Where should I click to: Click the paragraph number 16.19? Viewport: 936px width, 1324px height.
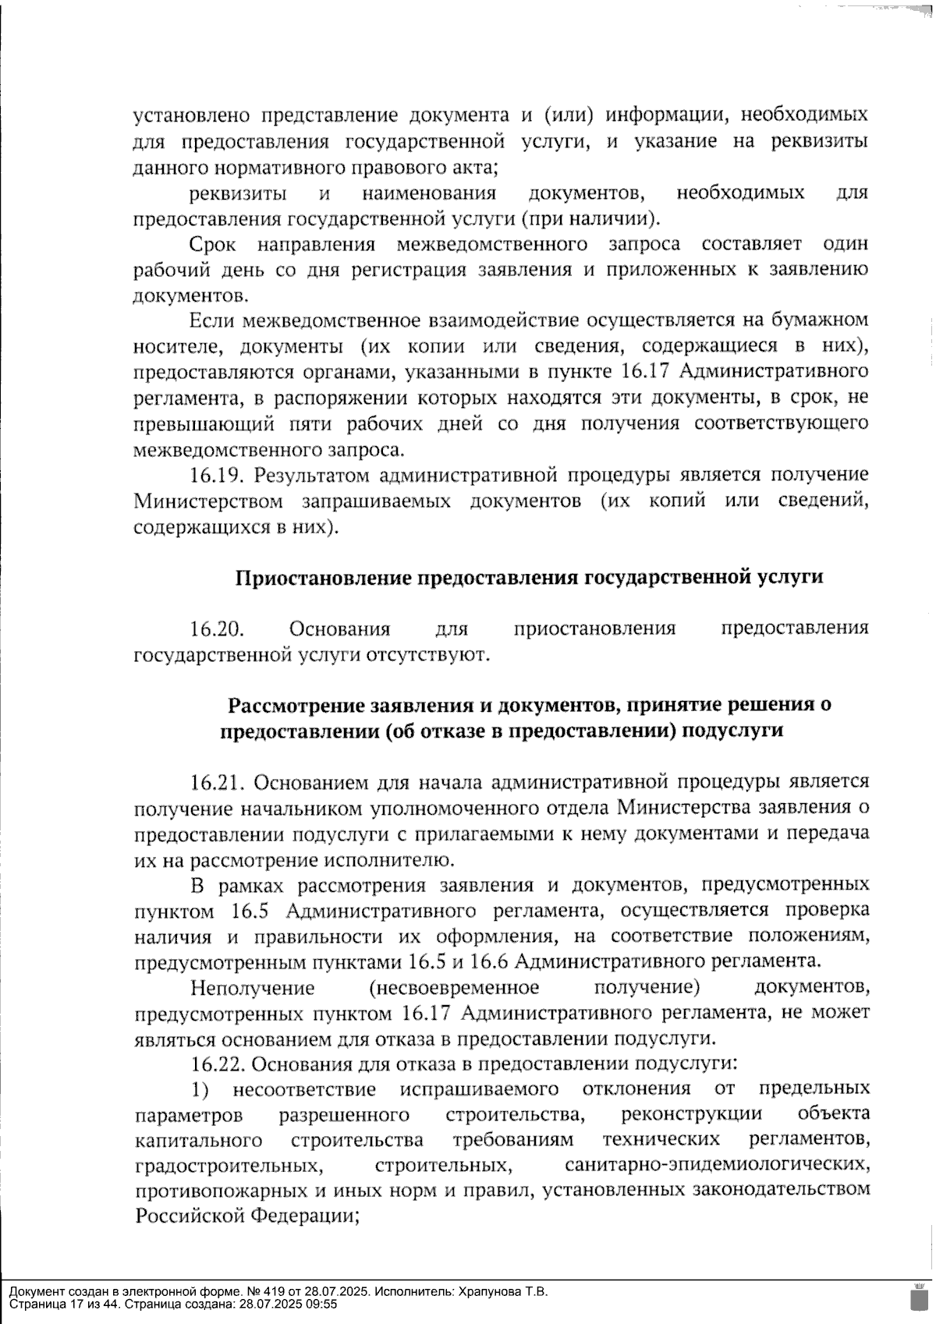click(x=218, y=475)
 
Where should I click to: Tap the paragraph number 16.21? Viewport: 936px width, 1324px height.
click(x=218, y=782)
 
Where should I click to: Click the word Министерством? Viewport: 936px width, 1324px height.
click(x=203, y=501)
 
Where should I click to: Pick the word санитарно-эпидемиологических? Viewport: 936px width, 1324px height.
click(x=717, y=1166)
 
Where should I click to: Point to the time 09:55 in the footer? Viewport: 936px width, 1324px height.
click(x=322, y=1304)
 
